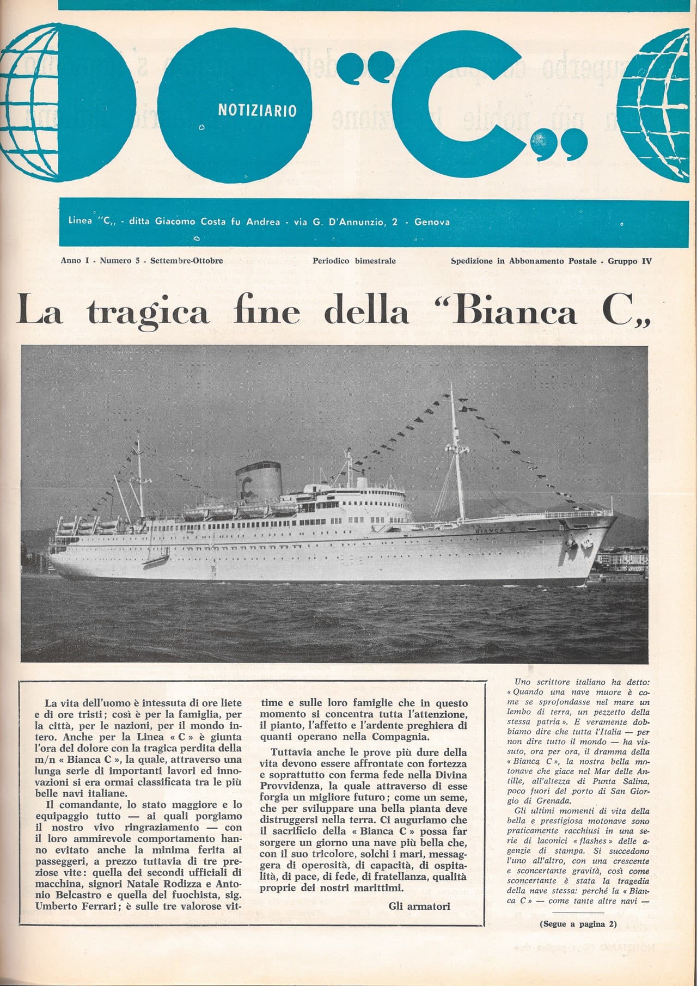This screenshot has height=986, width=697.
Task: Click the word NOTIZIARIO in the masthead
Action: pyautogui.click(x=257, y=111)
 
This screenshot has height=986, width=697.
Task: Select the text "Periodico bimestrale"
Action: pyautogui.click(x=354, y=261)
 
